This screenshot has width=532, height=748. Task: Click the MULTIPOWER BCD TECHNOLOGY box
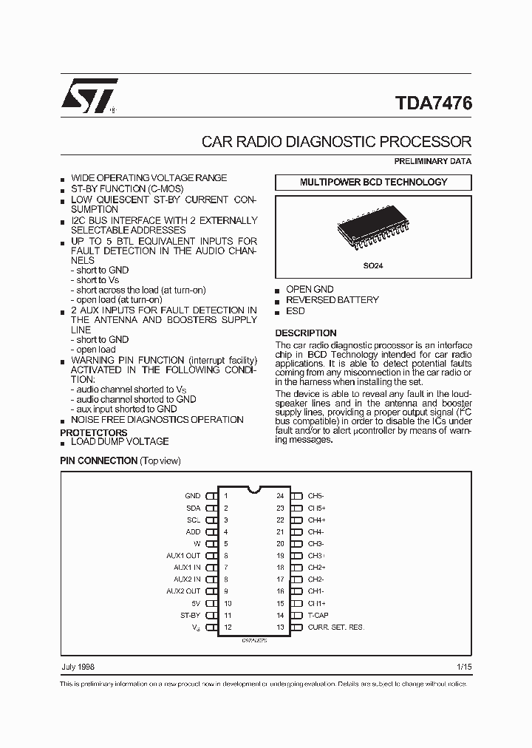pos(373,182)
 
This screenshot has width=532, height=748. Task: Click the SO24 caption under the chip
pos(373,265)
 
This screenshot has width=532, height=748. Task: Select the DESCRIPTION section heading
pos(305,333)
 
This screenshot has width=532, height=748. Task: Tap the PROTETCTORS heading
pos(93,432)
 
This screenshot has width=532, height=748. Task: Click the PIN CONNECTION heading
pos(98,460)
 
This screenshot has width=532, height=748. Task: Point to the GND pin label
pos(192,496)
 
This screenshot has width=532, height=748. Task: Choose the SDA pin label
pos(193,508)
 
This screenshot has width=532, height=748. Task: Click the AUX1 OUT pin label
pos(183,556)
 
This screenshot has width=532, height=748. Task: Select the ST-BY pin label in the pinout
pos(190,616)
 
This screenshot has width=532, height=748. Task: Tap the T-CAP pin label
pos(318,616)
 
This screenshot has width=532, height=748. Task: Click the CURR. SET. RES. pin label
pos(336,628)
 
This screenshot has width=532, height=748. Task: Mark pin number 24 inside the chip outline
pos(280,496)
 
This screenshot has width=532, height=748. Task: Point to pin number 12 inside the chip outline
pos(228,628)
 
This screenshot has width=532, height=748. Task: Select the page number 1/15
pos(464,667)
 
